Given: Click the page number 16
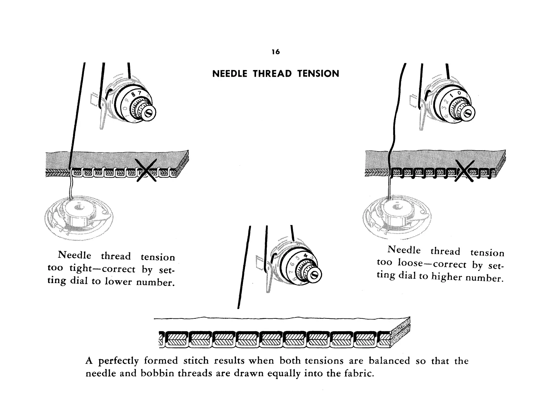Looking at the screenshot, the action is click(x=276, y=52).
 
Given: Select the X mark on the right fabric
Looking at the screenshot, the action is click(x=465, y=171).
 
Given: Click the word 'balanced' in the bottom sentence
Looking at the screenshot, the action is click(x=389, y=361).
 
